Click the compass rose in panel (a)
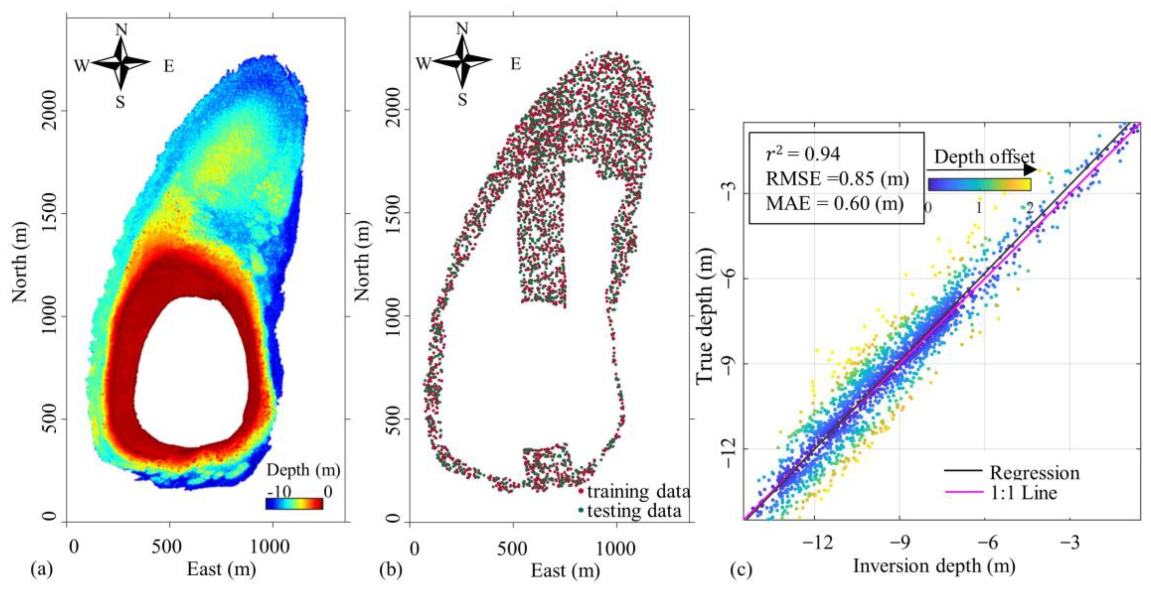point(121,63)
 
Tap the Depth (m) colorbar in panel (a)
point(294,504)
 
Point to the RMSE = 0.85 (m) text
point(837,179)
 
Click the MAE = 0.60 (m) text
point(834,204)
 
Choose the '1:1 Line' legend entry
point(1023,492)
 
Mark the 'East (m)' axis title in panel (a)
point(221,569)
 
